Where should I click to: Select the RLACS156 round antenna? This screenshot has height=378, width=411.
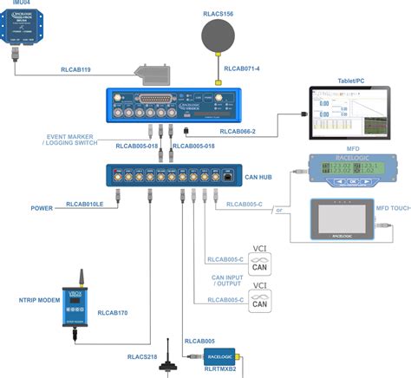219,37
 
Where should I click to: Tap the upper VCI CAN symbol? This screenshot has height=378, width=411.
259,262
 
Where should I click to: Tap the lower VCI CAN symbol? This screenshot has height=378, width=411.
259,297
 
